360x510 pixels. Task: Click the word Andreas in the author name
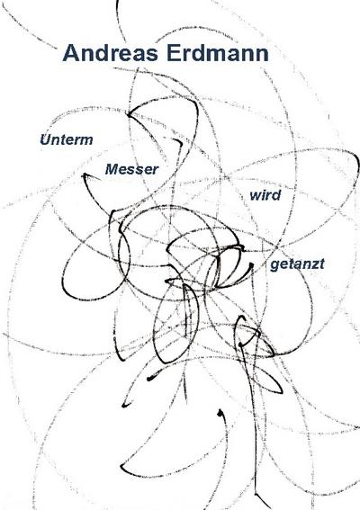point(111,53)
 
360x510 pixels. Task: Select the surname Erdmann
point(218,53)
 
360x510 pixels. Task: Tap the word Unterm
point(67,139)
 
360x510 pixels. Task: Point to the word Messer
point(131,169)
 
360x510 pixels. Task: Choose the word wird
point(265,195)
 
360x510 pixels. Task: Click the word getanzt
point(297,264)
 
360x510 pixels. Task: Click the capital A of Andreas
point(70,53)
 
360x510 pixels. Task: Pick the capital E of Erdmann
point(173,53)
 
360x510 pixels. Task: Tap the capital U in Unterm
point(45,139)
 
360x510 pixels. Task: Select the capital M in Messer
point(112,169)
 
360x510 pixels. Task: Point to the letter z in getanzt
point(314,264)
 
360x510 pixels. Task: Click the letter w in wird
point(256,196)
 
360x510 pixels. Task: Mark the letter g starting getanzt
point(274,265)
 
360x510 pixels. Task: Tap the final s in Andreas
point(152,55)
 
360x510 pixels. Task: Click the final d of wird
point(276,195)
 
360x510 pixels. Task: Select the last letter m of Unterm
point(85,141)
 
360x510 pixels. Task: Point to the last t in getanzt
point(321,264)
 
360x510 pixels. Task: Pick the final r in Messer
point(155,170)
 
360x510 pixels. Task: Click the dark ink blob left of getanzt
point(251,265)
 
